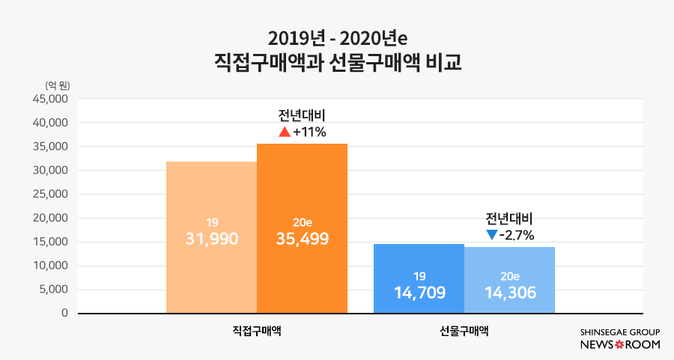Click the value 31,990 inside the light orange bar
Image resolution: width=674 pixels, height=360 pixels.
click(211, 239)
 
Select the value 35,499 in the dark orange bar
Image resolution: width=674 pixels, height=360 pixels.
click(302, 239)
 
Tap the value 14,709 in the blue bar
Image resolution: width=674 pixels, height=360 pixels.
click(419, 292)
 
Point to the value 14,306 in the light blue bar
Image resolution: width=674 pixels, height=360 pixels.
click(509, 292)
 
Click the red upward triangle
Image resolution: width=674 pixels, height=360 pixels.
click(284, 132)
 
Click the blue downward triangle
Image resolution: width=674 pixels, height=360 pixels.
click(491, 235)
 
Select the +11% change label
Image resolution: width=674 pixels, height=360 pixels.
click(309, 132)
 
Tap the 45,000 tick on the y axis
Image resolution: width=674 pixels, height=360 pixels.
click(51, 99)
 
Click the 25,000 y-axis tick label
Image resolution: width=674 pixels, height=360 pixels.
click(51, 194)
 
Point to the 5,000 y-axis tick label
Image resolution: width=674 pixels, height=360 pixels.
click(54, 290)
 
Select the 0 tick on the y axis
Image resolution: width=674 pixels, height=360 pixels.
click(65, 314)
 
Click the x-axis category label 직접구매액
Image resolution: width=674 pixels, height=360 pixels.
click(257, 330)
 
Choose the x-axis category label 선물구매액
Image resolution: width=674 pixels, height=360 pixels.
click(464, 330)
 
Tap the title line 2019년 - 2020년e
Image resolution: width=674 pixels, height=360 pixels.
click(337, 37)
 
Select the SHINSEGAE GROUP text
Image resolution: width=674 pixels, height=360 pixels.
click(619, 332)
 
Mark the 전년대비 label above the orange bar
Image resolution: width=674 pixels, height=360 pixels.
click(302, 116)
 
